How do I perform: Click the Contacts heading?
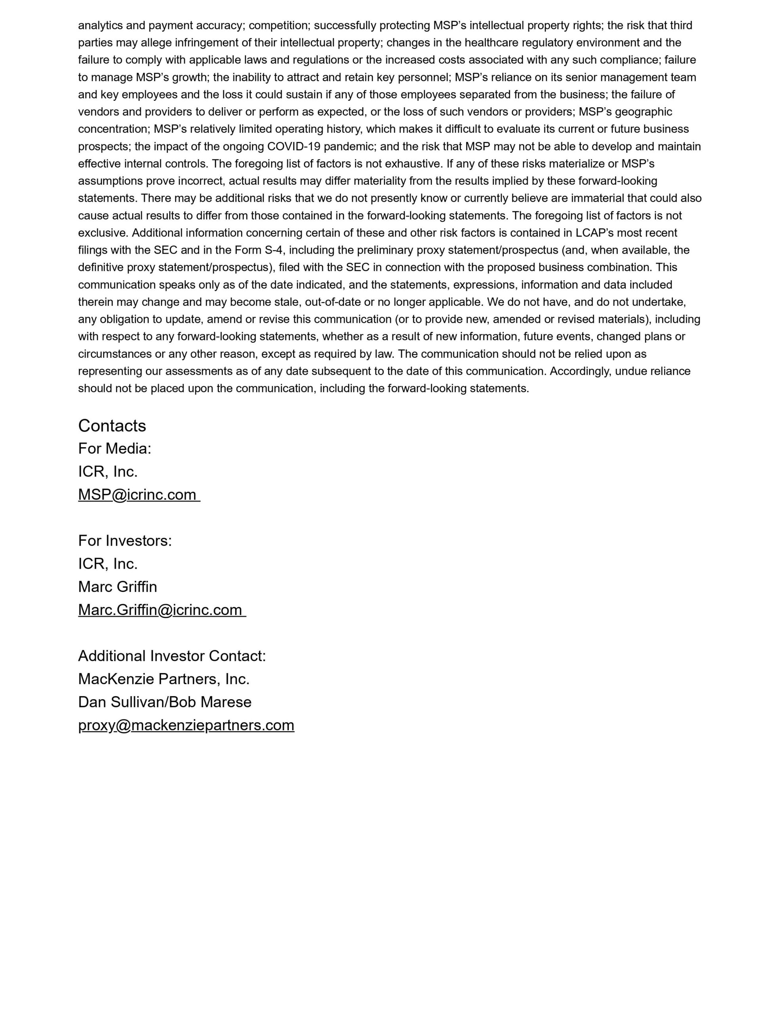(x=112, y=426)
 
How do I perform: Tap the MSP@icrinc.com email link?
(x=137, y=495)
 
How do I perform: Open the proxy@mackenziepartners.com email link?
(x=186, y=725)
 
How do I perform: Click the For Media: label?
(x=114, y=448)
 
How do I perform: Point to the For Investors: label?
(x=125, y=541)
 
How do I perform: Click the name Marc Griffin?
(x=117, y=587)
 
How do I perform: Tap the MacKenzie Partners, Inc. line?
(x=164, y=679)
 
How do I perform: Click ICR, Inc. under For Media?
(x=108, y=472)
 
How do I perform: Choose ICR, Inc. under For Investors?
(x=108, y=564)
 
